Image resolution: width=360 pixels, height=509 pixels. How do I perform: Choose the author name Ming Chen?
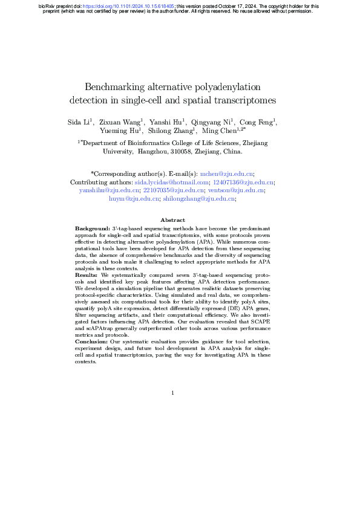pyautogui.click(x=219, y=130)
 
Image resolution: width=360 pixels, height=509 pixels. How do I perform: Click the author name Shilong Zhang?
pyautogui.click(x=172, y=130)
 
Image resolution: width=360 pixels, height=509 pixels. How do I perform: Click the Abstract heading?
pyautogui.click(x=172, y=220)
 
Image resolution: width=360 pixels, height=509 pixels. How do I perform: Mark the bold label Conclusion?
pyautogui.click(x=92, y=342)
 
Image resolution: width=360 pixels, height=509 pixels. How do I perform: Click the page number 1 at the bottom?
pyautogui.click(x=172, y=393)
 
